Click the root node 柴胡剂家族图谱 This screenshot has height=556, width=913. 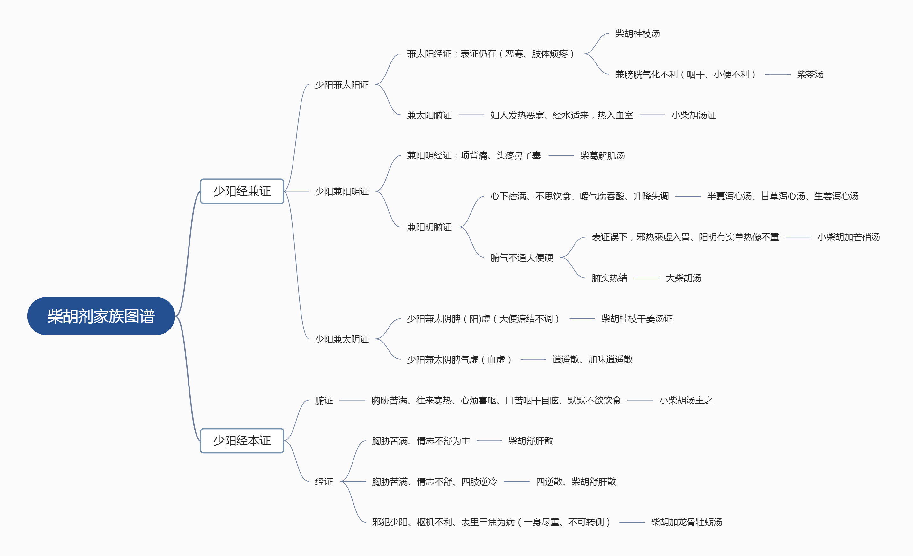point(101,316)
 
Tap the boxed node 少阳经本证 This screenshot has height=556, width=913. point(242,441)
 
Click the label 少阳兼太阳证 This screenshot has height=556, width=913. point(342,85)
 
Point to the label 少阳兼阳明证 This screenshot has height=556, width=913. point(342,191)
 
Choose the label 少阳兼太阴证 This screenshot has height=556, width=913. point(342,339)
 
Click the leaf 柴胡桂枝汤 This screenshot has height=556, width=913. point(638,34)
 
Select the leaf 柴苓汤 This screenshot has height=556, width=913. point(810,75)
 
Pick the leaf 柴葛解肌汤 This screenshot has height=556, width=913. point(603,155)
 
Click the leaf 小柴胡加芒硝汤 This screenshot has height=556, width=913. point(849,237)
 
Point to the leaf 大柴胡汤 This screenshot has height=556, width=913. point(683,278)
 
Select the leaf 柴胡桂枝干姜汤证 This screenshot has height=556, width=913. point(637,319)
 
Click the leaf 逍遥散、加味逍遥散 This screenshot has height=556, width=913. point(592,359)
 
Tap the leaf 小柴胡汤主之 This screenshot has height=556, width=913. point(686,400)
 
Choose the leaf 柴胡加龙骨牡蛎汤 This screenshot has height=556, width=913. point(687,522)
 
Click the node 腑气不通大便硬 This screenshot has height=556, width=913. point(522,258)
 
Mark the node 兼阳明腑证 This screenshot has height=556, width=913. point(429,227)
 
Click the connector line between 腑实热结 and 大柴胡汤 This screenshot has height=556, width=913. point(647,278)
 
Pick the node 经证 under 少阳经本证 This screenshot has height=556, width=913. point(324,481)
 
